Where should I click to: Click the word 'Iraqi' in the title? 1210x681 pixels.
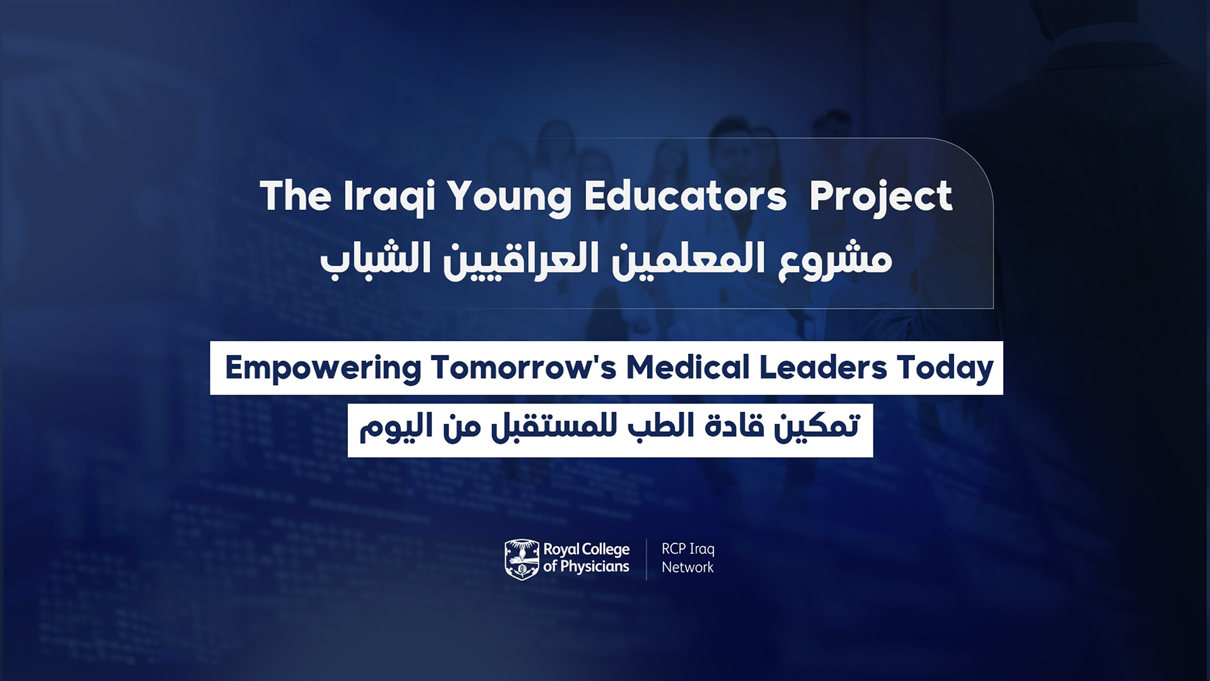(x=389, y=197)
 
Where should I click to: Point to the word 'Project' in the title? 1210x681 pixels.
(x=880, y=197)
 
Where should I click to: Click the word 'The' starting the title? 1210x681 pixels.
(x=295, y=195)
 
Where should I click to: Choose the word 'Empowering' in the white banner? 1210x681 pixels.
(x=323, y=368)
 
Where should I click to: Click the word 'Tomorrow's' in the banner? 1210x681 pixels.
(x=524, y=367)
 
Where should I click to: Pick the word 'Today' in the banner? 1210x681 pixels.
(x=945, y=368)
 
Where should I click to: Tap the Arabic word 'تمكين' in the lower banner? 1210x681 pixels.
(x=817, y=427)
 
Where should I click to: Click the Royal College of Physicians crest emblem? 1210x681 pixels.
(x=522, y=559)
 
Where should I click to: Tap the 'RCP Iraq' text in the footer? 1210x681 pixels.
(x=688, y=549)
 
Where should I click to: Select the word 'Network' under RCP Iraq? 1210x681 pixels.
(x=688, y=567)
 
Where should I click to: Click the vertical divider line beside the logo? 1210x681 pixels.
(x=647, y=559)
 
